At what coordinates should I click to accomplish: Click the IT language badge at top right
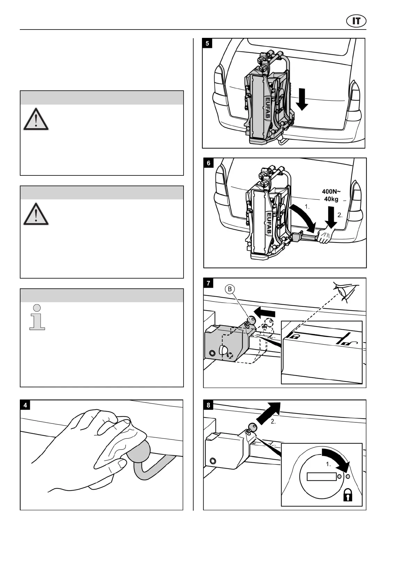[x=356, y=21]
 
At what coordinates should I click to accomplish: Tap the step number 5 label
[x=208, y=43]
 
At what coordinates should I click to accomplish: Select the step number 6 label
[x=209, y=163]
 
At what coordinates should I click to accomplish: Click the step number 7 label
[x=209, y=283]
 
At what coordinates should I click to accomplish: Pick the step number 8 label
[x=209, y=405]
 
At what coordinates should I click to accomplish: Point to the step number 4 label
[x=25, y=405]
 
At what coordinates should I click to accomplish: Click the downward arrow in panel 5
[x=302, y=99]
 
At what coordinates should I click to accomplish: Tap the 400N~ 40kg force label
[x=331, y=195]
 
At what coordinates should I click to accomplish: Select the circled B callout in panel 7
[x=229, y=289]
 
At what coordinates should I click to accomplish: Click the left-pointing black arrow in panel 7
[x=265, y=312]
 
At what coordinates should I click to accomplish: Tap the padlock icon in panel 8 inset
[x=348, y=495]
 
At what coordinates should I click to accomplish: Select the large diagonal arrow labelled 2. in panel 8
[x=270, y=412]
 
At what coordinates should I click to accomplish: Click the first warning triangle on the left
[x=36, y=120]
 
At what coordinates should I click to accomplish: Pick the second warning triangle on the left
[x=36, y=214]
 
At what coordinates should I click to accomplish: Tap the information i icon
[x=37, y=317]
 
